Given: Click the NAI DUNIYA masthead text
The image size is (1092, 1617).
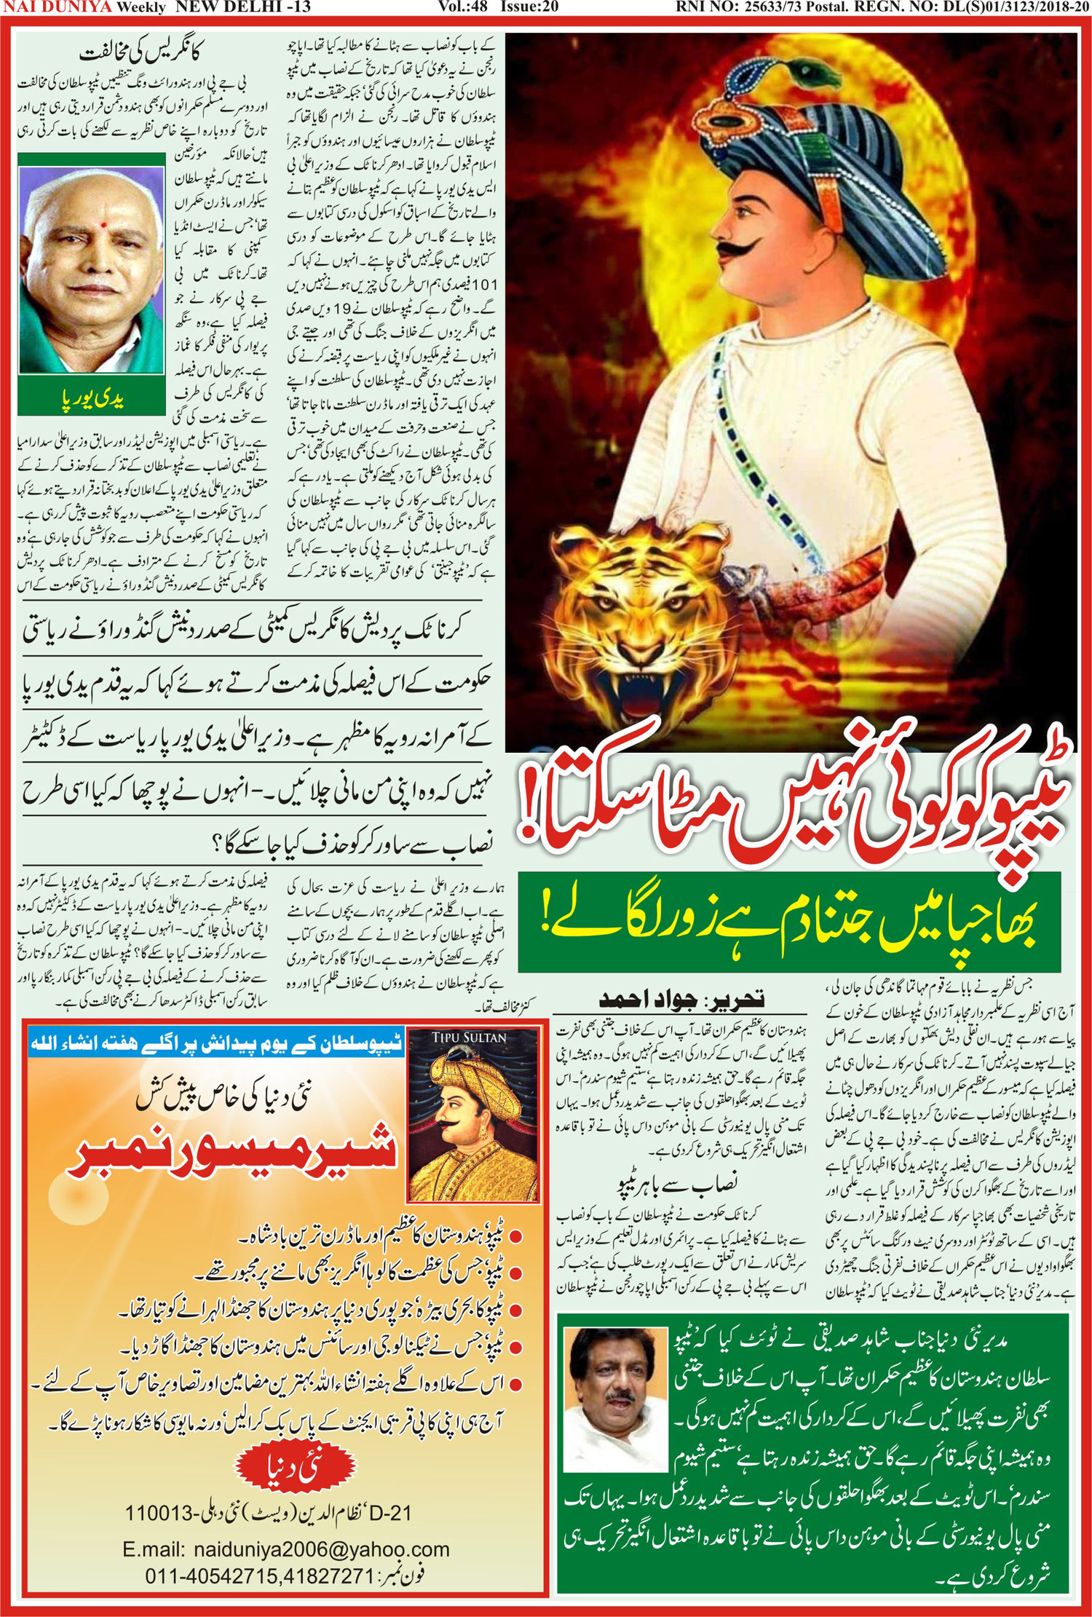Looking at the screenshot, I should [x=58, y=7].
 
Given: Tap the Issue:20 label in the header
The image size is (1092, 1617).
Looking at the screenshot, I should [x=529, y=7].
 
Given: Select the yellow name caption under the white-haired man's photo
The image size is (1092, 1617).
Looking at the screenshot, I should [x=92, y=399].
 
